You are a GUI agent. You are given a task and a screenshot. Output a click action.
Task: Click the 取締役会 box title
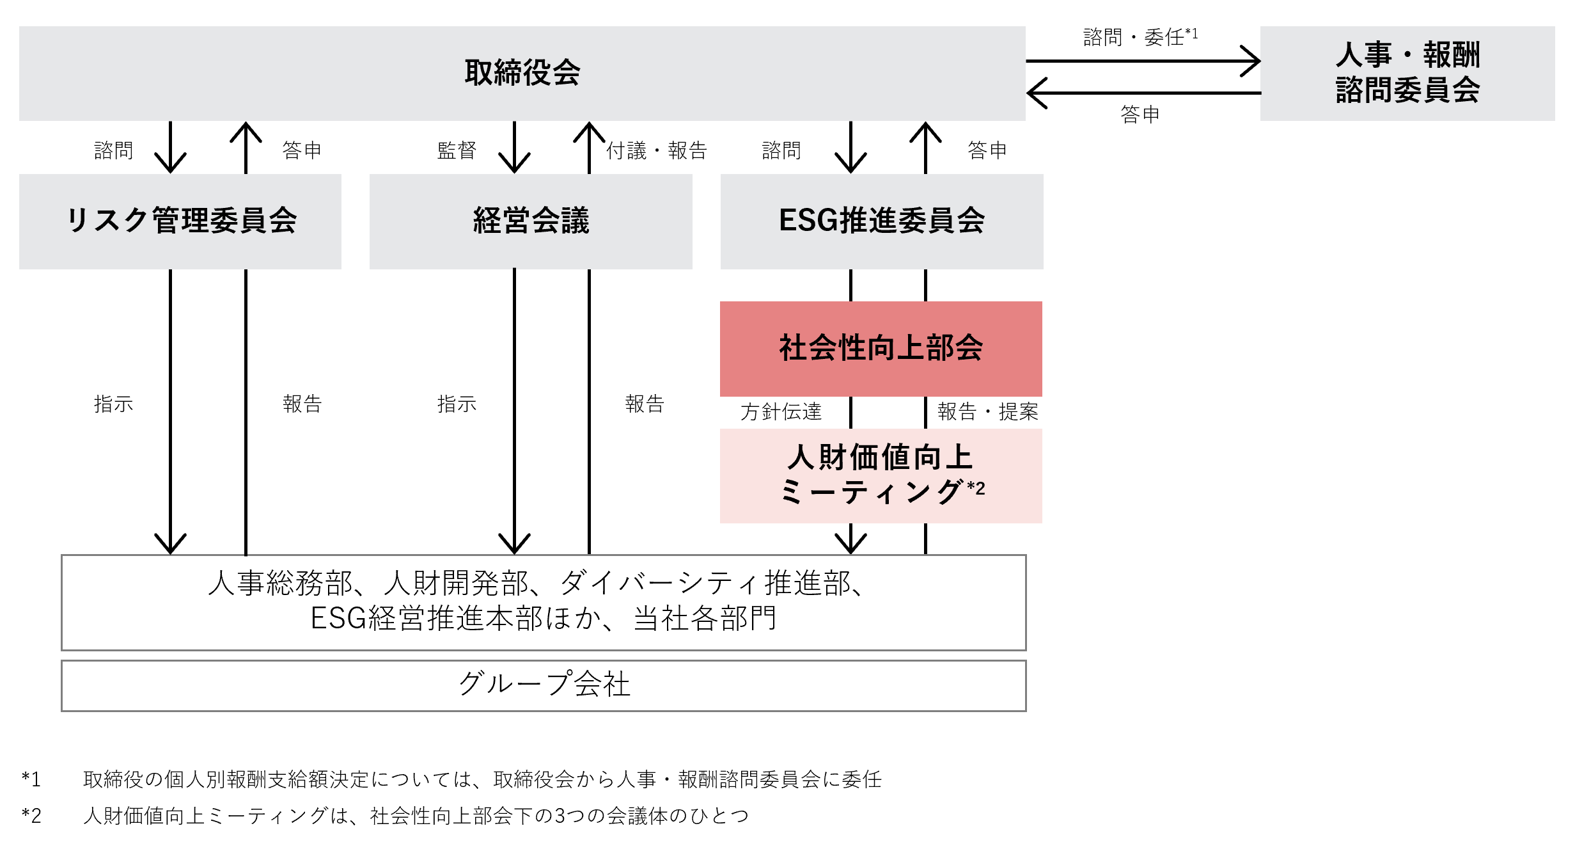point(522,72)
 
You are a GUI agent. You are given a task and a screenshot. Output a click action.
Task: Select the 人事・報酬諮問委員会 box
point(1407,73)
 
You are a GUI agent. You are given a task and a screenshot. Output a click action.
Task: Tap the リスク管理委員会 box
point(180,221)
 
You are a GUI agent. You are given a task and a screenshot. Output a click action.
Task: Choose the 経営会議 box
point(531,221)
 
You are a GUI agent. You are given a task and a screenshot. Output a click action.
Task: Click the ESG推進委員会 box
point(882,221)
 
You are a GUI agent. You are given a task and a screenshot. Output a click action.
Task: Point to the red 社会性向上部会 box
point(881,349)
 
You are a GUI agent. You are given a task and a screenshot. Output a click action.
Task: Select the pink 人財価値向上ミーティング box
point(881,476)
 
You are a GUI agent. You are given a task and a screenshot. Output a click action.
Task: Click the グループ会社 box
point(544,686)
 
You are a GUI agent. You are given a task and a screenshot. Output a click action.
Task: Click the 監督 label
point(457,150)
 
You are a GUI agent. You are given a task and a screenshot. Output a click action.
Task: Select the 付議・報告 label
point(657,150)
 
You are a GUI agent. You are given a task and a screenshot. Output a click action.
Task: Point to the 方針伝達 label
point(781,411)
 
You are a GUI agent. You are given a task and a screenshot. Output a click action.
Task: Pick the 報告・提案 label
point(988,411)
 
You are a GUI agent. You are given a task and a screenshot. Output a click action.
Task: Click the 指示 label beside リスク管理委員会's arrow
point(113,404)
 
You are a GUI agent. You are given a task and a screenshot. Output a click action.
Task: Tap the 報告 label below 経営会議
point(645,404)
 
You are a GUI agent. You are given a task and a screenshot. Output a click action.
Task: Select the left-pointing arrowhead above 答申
point(1037,93)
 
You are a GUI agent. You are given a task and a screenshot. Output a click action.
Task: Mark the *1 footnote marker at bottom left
point(31,779)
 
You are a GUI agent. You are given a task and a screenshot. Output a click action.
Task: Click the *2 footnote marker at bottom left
point(31,815)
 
